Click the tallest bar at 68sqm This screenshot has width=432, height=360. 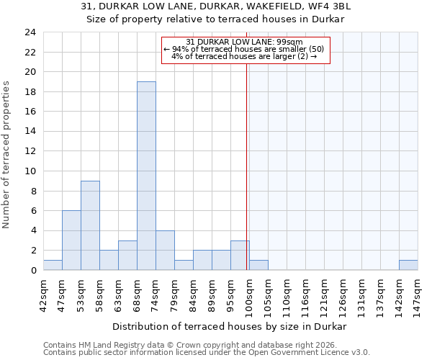tap(146, 176)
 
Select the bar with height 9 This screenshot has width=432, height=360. tap(90, 225)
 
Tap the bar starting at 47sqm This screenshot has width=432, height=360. tap(71, 240)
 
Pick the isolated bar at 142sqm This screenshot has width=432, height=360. tap(408, 265)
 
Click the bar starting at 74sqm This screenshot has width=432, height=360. tap(165, 250)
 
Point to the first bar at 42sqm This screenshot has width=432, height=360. tap(53, 265)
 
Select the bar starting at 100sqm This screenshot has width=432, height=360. tap(258, 265)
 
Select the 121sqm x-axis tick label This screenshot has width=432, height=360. tap(324, 294)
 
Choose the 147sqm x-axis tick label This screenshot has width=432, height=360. tap(418, 294)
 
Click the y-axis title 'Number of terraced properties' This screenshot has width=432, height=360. tap(6, 155)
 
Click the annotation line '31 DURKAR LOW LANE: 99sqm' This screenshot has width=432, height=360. tap(244, 42)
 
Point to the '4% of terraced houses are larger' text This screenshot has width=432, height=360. tap(244, 56)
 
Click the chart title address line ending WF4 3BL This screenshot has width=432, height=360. tap(216, 6)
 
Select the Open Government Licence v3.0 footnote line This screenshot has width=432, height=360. tap(207, 353)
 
